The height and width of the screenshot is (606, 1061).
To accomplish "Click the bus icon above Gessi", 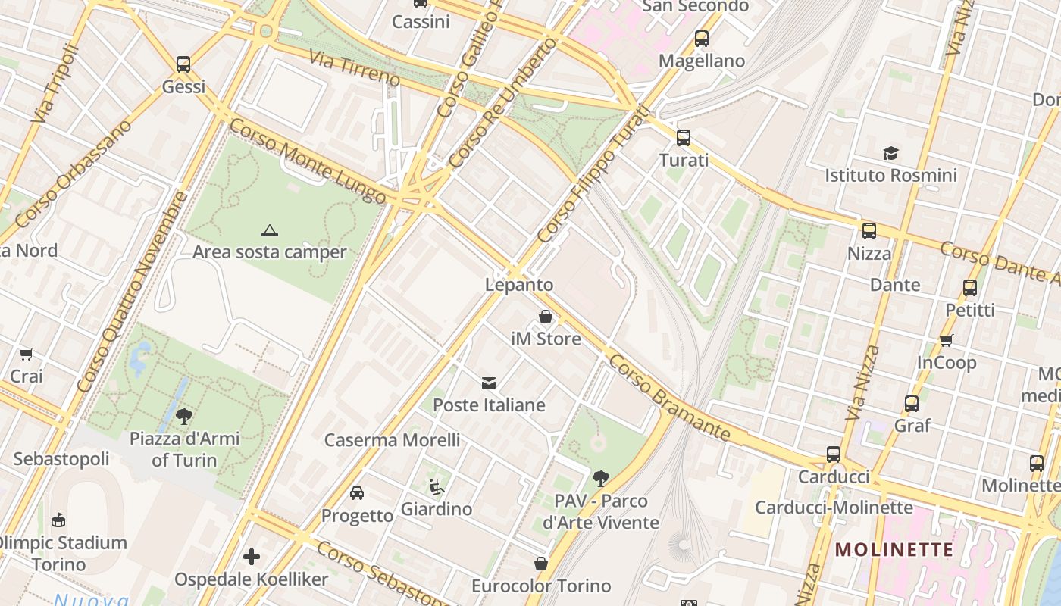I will tap(183, 64).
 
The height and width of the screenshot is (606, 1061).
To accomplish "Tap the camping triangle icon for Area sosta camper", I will tap(269, 230).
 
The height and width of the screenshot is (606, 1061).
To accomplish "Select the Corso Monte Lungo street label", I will tap(307, 161).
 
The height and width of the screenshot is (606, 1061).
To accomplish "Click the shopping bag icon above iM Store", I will tap(546, 317).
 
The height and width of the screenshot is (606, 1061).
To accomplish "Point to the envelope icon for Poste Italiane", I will tap(489, 383).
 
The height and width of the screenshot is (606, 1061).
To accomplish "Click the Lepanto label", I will tap(519, 285).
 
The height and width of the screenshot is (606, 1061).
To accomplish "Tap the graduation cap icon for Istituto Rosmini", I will tap(890, 154).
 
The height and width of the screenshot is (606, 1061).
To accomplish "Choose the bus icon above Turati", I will tap(684, 138).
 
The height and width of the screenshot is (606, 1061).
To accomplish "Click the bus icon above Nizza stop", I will tap(869, 231).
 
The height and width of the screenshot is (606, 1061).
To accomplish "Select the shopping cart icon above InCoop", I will tap(946, 340).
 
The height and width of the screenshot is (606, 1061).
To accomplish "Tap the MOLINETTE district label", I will tap(894, 549).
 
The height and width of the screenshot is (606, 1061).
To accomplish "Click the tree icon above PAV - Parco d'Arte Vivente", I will tap(601, 478).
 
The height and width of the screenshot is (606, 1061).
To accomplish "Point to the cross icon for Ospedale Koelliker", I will tap(252, 558).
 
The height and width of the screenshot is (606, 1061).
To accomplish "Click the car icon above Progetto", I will tap(357, 493).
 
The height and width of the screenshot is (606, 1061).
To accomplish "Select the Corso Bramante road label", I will tap(669, 398).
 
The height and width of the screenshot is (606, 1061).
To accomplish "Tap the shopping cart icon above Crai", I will tap(27, 354).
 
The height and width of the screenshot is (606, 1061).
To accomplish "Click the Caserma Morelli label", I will tap(392, 440).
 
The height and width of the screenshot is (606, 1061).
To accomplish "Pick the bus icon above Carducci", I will tap(834, 454).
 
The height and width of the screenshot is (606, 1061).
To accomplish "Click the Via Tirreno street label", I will tap(354, 69).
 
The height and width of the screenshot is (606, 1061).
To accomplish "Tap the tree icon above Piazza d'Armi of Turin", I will tap(184, 415).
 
